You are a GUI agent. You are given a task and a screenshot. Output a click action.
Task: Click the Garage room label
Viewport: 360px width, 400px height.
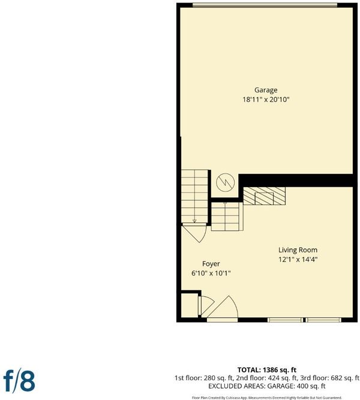click(266, 91)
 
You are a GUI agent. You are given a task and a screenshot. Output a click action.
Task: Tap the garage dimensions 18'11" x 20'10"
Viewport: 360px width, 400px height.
click(266, 99)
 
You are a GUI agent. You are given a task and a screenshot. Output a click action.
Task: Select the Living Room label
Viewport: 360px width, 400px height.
click(298, 250)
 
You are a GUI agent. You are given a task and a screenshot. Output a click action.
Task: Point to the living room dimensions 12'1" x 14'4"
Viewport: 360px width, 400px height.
click(298, 260)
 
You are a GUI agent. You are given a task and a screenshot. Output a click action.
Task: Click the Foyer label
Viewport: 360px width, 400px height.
click(211, 264)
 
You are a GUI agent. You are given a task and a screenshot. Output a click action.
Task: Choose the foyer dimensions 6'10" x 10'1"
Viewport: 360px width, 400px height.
click(211, 273)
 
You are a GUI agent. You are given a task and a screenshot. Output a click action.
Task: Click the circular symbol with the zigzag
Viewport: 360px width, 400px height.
click(225, 182)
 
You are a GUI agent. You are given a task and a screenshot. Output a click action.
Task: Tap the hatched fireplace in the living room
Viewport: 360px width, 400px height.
click(264, 196)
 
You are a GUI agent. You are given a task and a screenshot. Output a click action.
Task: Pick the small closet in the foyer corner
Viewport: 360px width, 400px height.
click(190, 305)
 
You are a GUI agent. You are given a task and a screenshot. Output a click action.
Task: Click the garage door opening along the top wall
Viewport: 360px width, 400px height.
click(265, 5)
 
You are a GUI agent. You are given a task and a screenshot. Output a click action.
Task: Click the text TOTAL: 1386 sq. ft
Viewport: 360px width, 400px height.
click(267, 369)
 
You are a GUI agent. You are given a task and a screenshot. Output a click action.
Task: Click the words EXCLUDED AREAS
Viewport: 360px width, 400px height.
click(236, 386)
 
